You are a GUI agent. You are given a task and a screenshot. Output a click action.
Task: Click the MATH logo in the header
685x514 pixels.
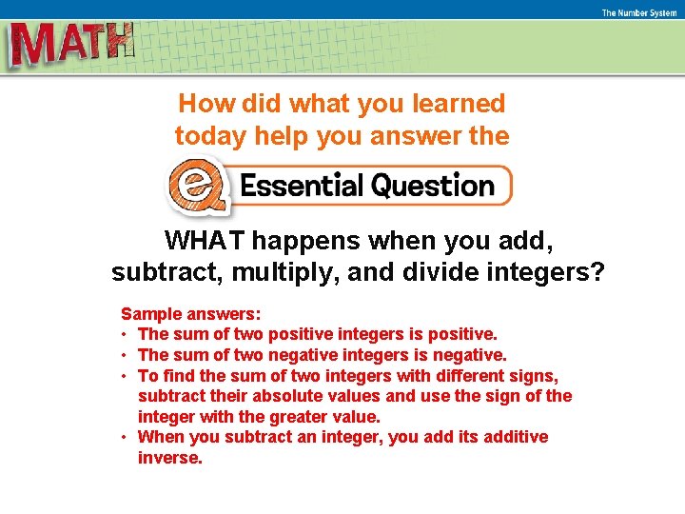point(70,44)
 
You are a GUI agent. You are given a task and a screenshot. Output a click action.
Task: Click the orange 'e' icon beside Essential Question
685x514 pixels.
point(195,186)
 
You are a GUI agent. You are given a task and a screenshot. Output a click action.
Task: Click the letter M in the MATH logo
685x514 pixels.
point(32,46)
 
